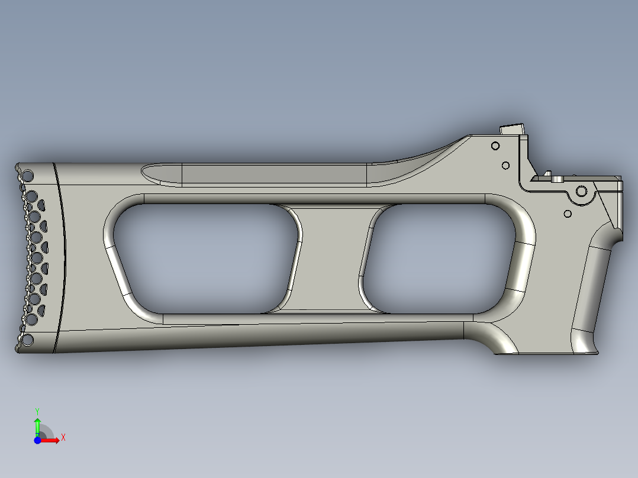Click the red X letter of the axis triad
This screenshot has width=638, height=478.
[x=63, y=437]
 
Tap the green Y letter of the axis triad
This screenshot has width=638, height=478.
[x=37, y=410]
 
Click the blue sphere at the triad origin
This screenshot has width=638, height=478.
[x=37, y=440]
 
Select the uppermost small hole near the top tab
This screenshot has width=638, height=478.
[x=494, y=146]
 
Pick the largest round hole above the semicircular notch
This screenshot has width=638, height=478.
[x=581, y=191]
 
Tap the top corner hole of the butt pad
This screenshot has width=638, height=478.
[x=27, y=175]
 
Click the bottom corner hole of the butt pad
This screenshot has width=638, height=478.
[x=27, y=340]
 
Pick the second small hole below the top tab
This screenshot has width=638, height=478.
[x=505, y=165]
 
